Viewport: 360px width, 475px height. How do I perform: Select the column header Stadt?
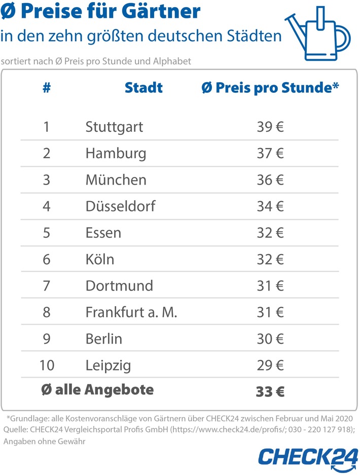click(x=143, y=88)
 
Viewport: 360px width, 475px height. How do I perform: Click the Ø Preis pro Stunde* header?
click(x=270, y=88)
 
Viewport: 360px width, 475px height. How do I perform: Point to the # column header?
click(x=47, y=88)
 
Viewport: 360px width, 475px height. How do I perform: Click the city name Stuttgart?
click(x=114, y=127)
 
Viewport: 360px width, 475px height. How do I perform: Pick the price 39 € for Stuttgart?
click(x=270, y=127)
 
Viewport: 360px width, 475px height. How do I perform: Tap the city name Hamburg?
click(x=116, y=153)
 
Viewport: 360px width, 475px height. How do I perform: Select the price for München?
click(x=270, y=180)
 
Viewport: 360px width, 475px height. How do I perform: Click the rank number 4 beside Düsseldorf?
click(x=47, y=206)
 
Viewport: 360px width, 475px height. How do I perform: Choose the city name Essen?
click(x=103, y=233)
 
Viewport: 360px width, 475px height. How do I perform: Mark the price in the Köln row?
click(x=270, y=259)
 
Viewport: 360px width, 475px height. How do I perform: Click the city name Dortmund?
click(x=119, y=285)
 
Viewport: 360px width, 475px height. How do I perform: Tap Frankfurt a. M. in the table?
click(x=131, y=312)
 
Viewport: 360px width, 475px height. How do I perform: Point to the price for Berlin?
click(x=270, y=339)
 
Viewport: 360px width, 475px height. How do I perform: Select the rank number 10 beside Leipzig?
click(x=47, y=365)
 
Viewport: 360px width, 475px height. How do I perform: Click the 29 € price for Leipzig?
click(x=270, y=365)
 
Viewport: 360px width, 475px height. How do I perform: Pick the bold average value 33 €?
click(x=270, y=391)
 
